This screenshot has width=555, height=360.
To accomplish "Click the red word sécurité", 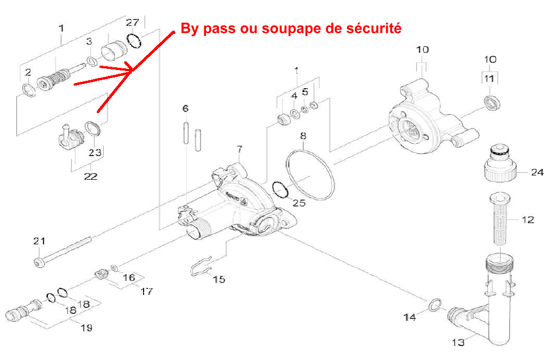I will pyautogui.click(x=375, y=29).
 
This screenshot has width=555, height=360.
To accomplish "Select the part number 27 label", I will pyautogui.click(x=132, y=22).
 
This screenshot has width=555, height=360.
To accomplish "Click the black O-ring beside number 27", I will pyautogui.click(x=134, y=40).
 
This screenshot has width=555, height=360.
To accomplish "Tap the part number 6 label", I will pyautogui.click(x=186, y=109).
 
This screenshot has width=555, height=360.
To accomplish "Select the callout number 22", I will pyautogui.click(x=90, y=176).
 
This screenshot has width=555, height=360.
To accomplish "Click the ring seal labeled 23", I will pyautogui.click(x=93, y=129).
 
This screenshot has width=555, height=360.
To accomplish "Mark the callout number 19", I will pyautogui.click(x=86, y=327).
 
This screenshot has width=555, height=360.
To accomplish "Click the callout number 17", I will pyautogui.click(x=146, y=291).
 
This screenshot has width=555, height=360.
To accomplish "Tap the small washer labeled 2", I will pyautogui.click(x=29, y=89).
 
